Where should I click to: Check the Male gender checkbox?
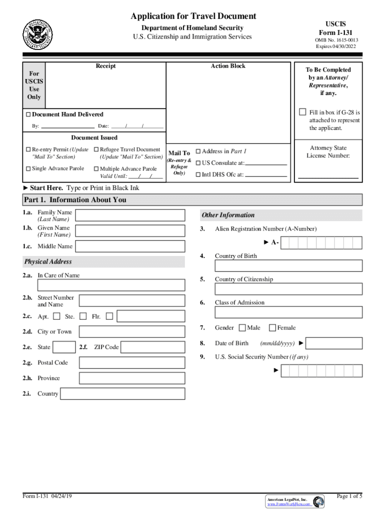click(x=242, y=328)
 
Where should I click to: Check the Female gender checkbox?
click(x=272, y=328)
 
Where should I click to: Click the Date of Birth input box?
click(x=333, y=343)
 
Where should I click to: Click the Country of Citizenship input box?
click(x=288, y=289)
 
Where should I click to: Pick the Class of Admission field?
click(x=288, y=312)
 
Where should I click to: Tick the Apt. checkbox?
click(x=56, y=316)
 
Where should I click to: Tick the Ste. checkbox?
click(x=83, y=316)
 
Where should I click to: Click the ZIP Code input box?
click(x=152, y=347)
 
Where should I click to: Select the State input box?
click(x=64, y=347)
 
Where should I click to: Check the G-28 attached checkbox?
click(x=302, y=111)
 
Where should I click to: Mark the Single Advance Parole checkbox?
click(x=28, y=168)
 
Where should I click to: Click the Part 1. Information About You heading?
click(x=75, y=200)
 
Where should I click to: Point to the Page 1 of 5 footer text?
click(x=349, y=496)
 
